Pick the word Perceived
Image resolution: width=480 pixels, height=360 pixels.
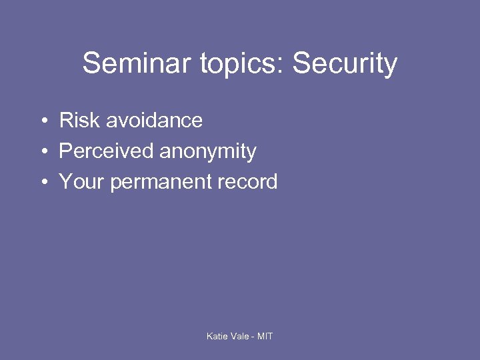[106, 151]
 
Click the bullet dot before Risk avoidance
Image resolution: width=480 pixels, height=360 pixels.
[42, 121]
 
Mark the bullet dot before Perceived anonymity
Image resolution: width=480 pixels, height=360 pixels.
[42, 152]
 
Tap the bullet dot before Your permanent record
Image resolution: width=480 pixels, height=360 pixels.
[42, 183]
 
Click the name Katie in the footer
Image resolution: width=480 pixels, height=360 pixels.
[217, 336]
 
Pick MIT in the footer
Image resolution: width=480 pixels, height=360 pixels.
[265, 336]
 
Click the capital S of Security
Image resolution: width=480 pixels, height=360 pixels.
[301, 64]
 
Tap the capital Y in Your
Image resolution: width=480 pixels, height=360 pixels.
[65, 182]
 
